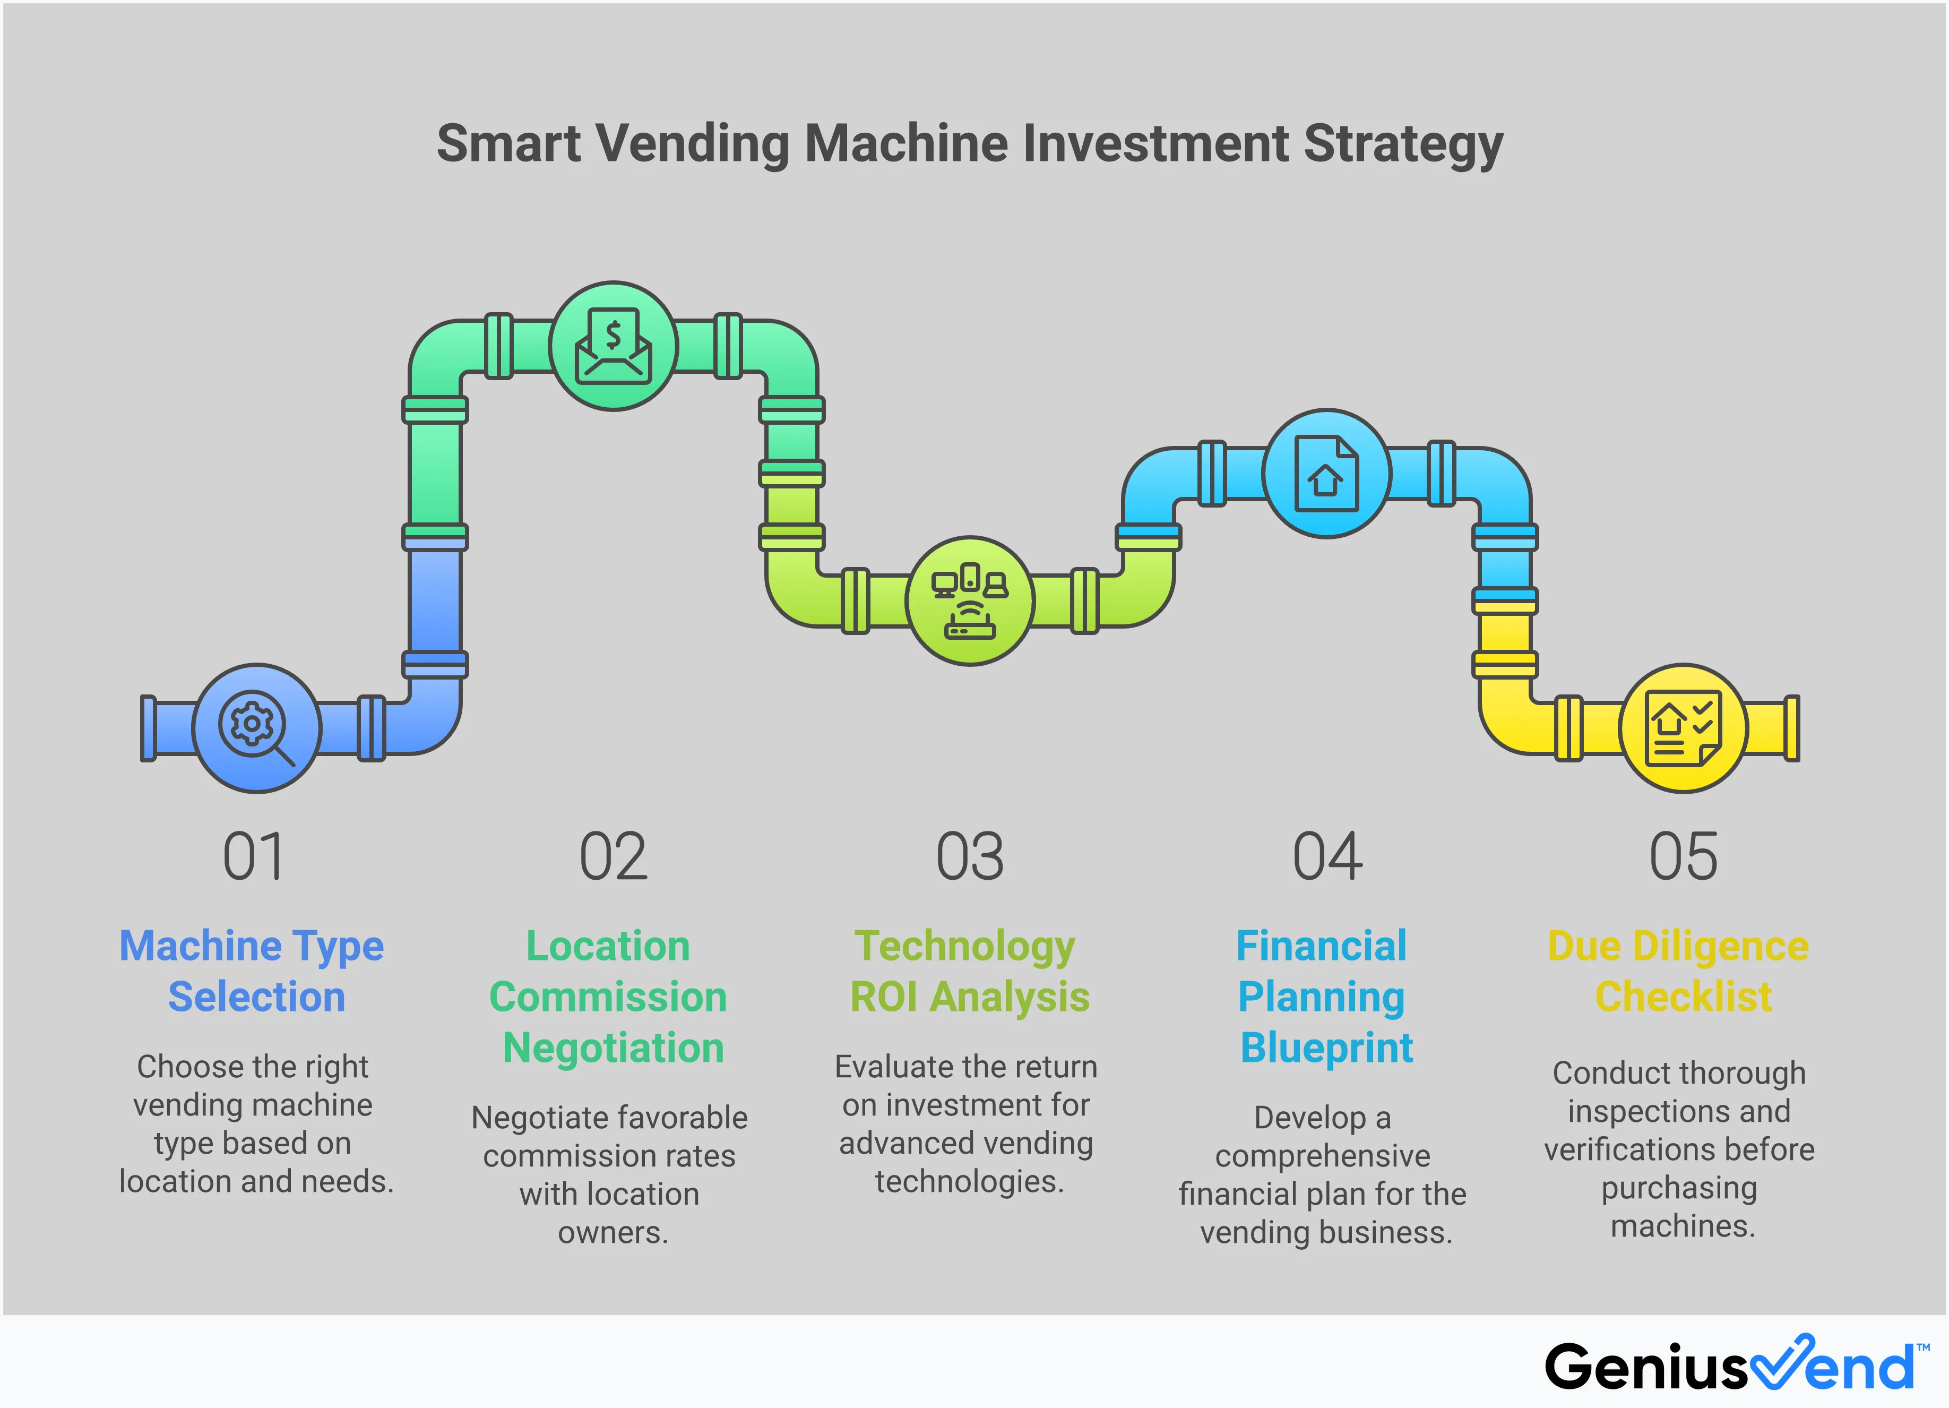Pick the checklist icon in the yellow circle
(x=1683, y=728)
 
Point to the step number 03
(x=969, y=857)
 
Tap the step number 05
(x=1683, y=857)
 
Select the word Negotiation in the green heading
(x=613, y=1048)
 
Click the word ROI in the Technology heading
(x=883, y=997)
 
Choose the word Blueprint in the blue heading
(x=1326, y=1048)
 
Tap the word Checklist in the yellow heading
(x=1683, y=997)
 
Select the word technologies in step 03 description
(x=969, y=1181)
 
